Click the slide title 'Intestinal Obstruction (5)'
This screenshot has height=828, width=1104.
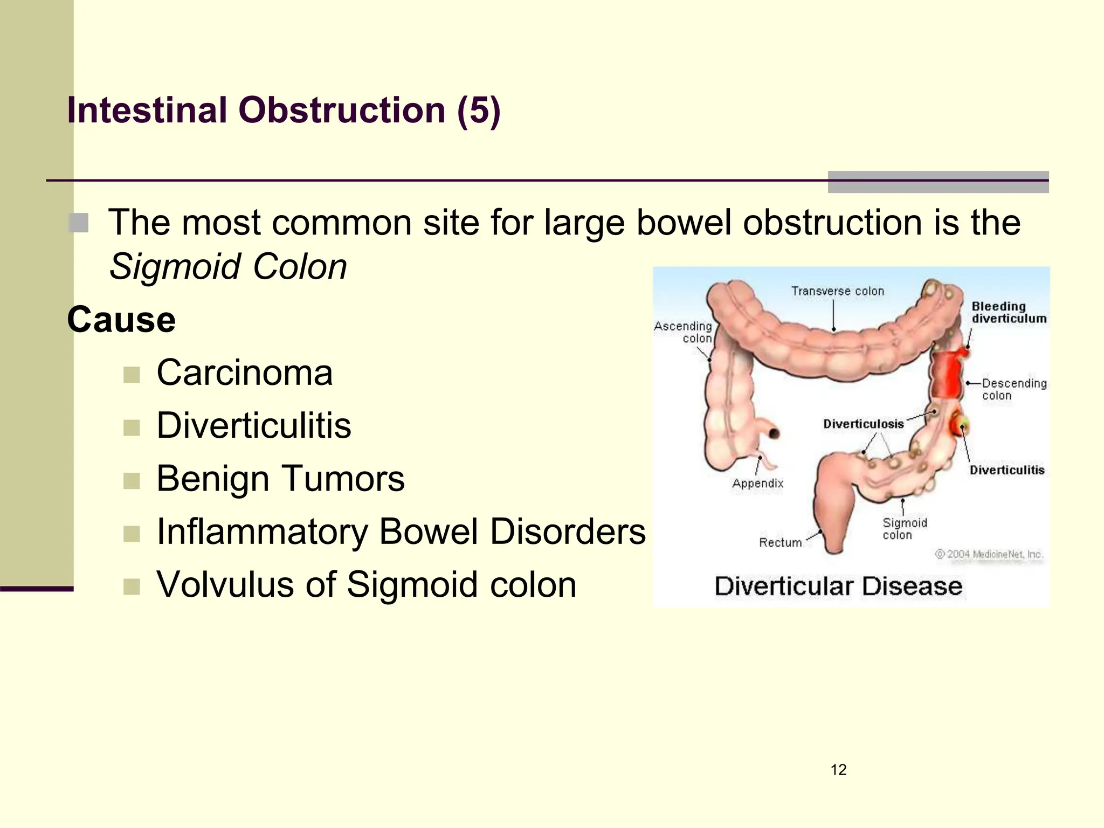pos(284,111)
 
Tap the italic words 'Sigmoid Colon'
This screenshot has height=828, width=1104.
pos(228,267)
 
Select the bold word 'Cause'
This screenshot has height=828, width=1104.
pos(121,320)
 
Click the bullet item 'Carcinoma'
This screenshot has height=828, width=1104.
pos(244,372)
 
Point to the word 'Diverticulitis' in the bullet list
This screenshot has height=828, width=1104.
pos(253,425)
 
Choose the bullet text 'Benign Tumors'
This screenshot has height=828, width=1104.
pos(280,478)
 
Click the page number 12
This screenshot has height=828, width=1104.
pos(838,770)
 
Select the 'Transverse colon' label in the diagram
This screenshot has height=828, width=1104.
pos(838,291)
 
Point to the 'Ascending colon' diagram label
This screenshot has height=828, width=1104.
pos(684,332)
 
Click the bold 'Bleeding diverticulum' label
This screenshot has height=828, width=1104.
pos(1009,312)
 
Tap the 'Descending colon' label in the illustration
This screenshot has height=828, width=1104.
pos(1013,389)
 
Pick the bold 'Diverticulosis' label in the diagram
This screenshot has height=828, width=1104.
pos(863,424)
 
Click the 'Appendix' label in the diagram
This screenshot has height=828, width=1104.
pos(757,483)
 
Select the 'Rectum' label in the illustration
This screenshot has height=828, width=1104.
pos(780,542)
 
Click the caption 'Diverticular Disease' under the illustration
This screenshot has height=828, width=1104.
pos(838,586)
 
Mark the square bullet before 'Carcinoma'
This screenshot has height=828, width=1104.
pos(132,375)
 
